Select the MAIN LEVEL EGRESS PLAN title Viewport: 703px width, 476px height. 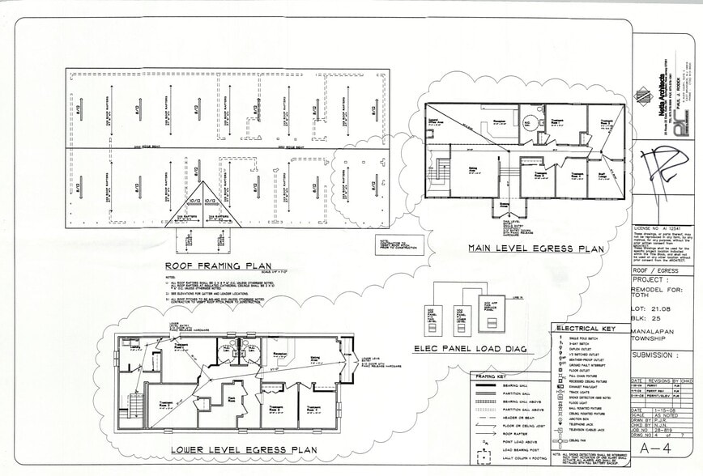(x=536, y=249)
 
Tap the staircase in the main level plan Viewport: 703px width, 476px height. (x=441, y=172)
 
